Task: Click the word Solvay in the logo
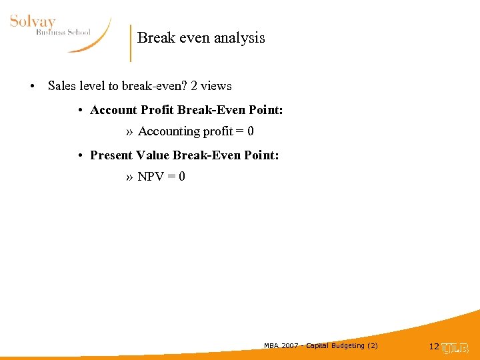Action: (x=33, y=21)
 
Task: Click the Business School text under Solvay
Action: (x=63, y=33)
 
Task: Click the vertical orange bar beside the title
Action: (x=131, y=43)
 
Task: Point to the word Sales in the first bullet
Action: (x=63, y=86)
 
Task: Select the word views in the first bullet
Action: (x=217, y=86)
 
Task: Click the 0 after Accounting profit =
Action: (x=250, y=132)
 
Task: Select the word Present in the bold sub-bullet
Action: (x=111, y=155)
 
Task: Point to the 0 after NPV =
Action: (x=182, y=177)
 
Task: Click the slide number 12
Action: (x=434, y=347)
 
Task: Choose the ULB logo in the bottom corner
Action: (x=456, y=347)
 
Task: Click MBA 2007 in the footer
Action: (x=280, y=345)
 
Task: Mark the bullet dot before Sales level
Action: (x=32, y=87)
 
